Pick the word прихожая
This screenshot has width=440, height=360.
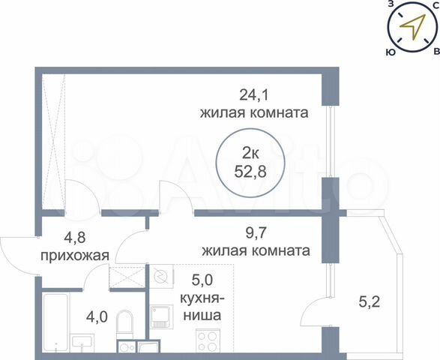75,256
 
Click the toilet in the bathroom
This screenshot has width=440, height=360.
126,326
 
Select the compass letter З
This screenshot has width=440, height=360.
391,4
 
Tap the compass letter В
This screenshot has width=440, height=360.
436,52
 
